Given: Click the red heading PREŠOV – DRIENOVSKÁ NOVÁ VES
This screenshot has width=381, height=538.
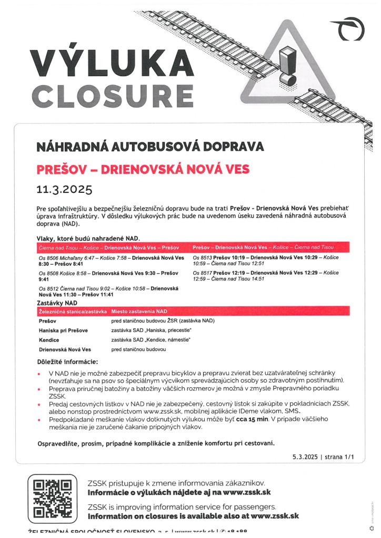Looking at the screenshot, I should click(x=142, y=170).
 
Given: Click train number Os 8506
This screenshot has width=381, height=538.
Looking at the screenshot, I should click(x=49, y=258).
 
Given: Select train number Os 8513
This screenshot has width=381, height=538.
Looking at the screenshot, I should click(x=203, y=258).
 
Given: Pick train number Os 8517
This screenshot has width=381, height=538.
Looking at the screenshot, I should click(x=203, y=273).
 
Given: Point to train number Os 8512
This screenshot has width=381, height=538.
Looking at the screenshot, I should click(x=49, y=289).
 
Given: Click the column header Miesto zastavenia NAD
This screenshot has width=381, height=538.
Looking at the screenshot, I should click(x=139, y=312).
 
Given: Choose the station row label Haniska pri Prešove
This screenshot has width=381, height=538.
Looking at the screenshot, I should click(x=63, y=330).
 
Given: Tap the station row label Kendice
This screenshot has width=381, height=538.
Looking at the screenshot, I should click(x=49, y=340).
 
